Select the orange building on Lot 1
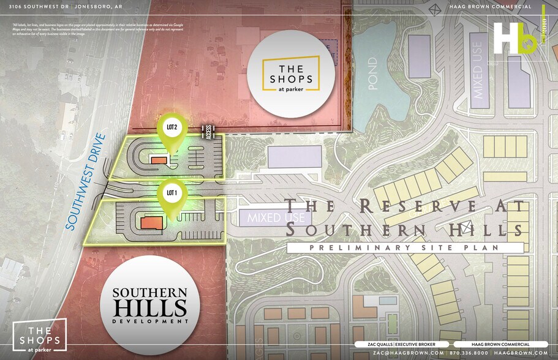(x=151, y=222)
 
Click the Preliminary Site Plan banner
(x=405, y=247)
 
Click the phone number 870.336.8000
(x=468, y=353)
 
